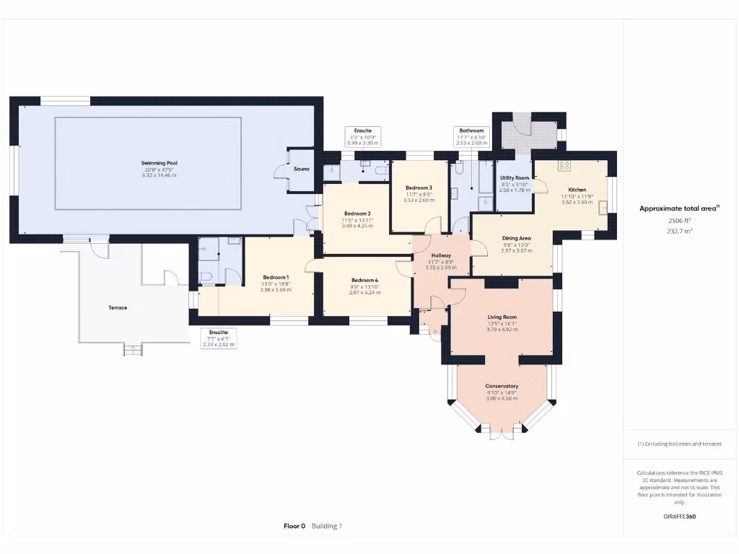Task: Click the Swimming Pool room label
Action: coord(159,164)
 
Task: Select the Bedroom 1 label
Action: coord(276,278)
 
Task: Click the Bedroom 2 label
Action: coord(357,214)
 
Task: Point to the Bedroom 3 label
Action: coord(419,188)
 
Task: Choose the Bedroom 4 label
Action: coord(364,280)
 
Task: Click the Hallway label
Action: coord(441,255)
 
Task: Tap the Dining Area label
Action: coord(516,238)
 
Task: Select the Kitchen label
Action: coord(577,190)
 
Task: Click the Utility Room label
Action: coord(515,177)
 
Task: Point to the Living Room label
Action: coord(502,317)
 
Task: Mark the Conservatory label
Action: coord(502,386)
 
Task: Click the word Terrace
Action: coord(118,307)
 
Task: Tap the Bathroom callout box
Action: coord(471,137)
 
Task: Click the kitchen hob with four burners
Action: coord(564,166)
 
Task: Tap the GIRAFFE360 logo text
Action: coord(680,516)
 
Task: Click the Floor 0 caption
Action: coord(294,526)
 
